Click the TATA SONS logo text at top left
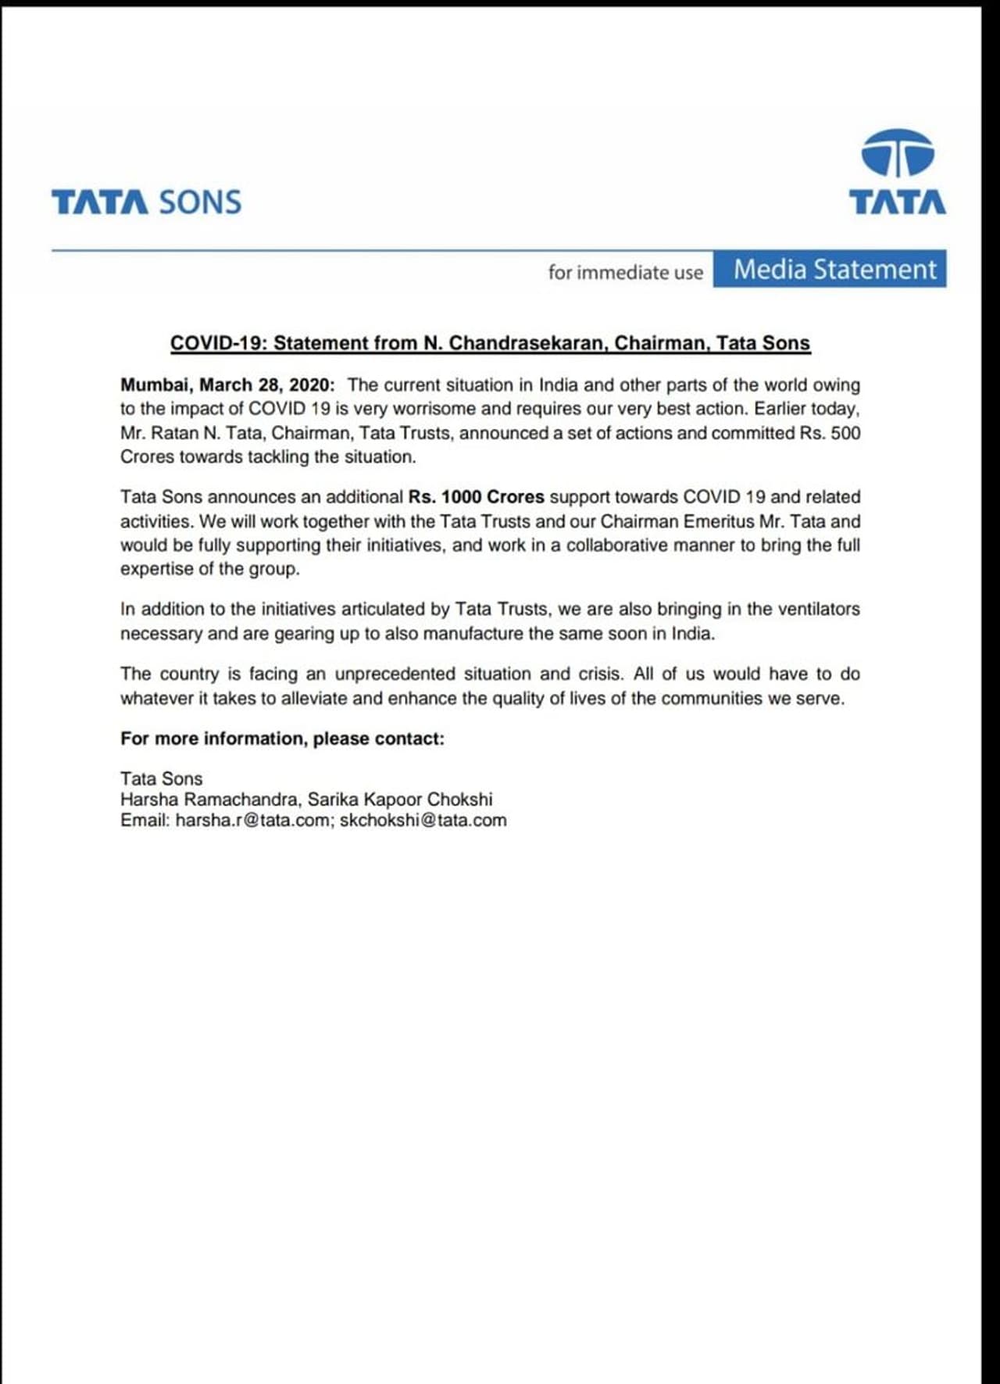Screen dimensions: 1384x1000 click(146, 202)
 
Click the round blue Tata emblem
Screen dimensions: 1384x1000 click(897, 153)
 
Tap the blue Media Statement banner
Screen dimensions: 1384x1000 click(830, 270)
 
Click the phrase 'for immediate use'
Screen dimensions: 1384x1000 click(625, 273)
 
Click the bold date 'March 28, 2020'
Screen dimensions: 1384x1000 click(266, 385)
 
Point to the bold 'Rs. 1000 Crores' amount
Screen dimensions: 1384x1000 click(476, 497)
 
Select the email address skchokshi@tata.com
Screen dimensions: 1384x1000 click(423, 821)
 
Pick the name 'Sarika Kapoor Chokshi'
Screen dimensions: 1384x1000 click(400, 799)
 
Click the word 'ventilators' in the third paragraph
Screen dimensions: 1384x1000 click(816, 610)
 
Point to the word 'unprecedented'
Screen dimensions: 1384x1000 click(395, 674)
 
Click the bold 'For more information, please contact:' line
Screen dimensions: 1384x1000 click(282, 738)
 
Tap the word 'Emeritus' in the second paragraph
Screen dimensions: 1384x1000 click(718, 521)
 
